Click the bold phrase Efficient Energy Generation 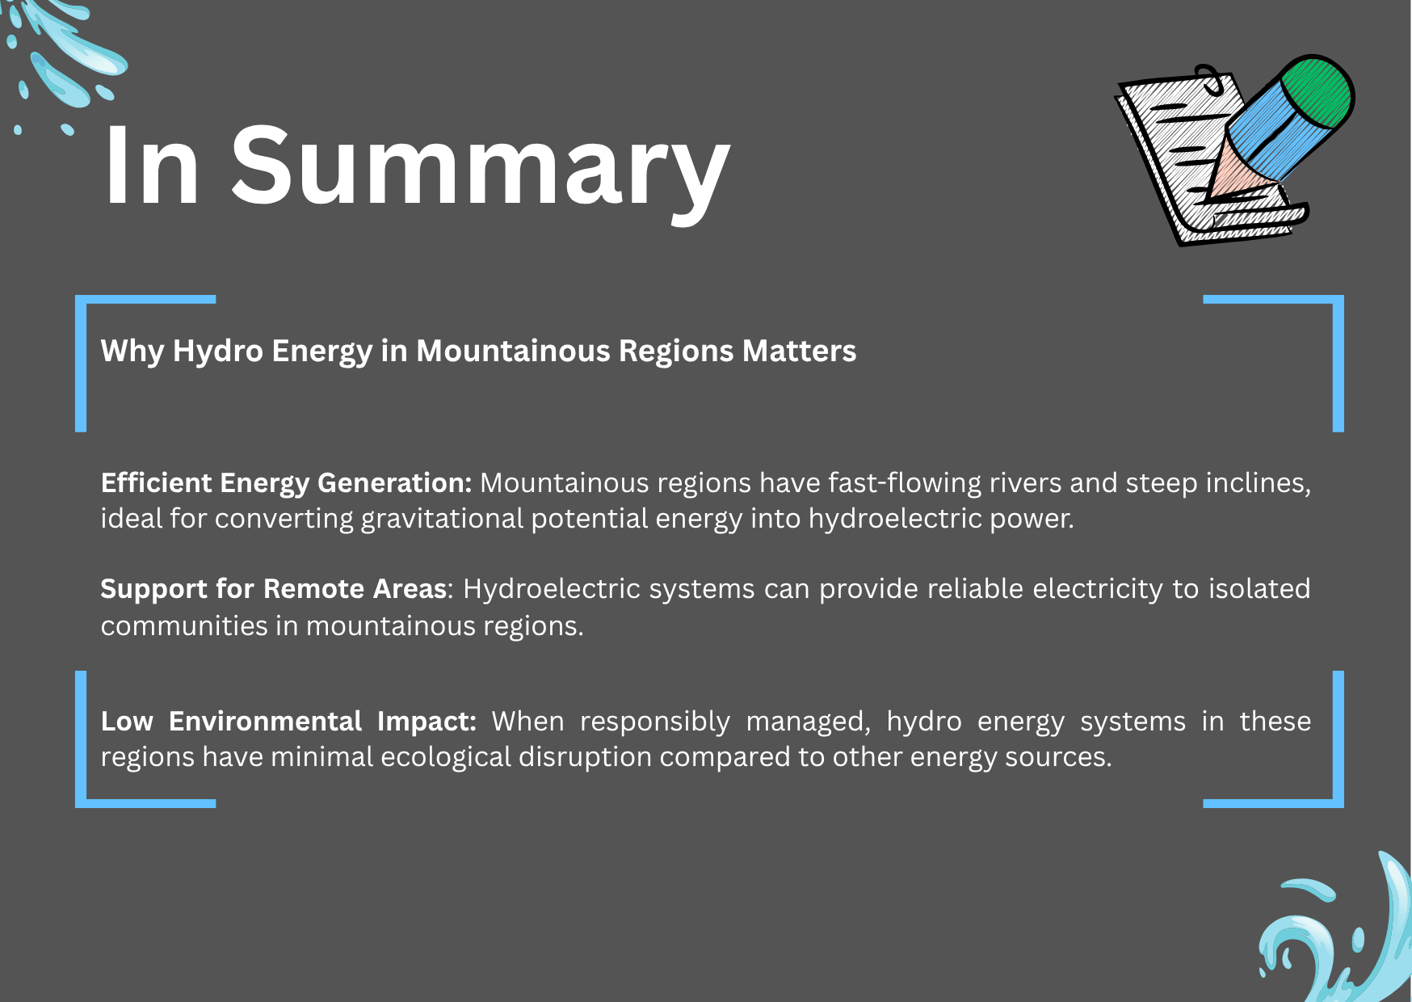tap(286, 483)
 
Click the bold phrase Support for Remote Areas tap(274, 589)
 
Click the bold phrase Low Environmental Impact tap(288, 721)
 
